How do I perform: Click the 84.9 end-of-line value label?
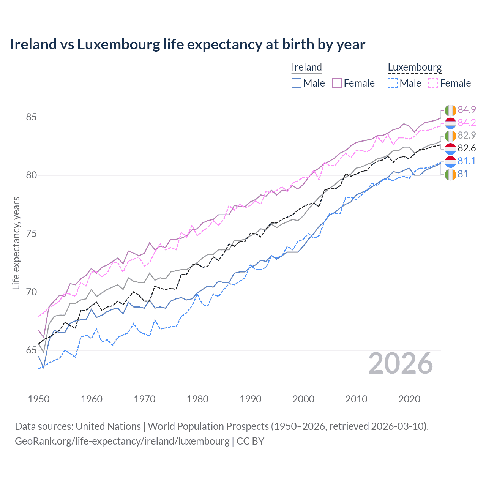[467, 110]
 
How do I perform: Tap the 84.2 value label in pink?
[467, 123]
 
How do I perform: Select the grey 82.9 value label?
[467, 135]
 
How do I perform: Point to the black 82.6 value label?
[467, 148]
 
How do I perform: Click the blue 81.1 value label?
[467, 161]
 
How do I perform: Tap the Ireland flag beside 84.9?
[450, 110]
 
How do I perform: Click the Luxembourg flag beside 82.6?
[450, 148]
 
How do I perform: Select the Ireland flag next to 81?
[450, 174]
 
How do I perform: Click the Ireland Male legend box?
[297, 83]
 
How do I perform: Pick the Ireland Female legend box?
[337, 83]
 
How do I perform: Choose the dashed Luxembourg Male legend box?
[393, 83]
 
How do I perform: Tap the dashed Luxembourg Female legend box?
[433, 83]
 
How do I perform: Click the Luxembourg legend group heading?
[415, 67]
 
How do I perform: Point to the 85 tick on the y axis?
[31, 117]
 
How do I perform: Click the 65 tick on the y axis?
[31, 350]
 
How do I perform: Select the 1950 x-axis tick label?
[39, 399]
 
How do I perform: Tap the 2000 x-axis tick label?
[303, 399]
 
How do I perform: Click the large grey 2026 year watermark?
[401, 363]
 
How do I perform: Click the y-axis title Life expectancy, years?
[16, 243]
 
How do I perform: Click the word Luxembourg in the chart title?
[119, 44]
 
